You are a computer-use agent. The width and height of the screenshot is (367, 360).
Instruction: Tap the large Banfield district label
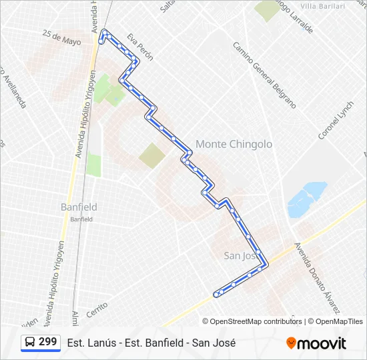point(79,207)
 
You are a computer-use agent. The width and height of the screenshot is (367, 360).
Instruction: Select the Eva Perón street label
point(140,47)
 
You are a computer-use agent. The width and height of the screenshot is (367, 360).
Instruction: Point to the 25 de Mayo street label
point(61,37)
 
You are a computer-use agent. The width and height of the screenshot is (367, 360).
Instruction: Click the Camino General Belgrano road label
point(264,74)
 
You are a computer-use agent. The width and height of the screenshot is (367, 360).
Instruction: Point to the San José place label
point(240,255)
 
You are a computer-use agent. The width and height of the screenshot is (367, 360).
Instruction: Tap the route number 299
point(47,342)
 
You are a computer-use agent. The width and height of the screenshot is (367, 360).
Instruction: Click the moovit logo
point(316,343)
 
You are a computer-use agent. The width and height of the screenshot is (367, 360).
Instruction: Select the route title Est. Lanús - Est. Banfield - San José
point(151,343)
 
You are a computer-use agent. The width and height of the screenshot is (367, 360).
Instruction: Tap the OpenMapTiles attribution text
point(339,321)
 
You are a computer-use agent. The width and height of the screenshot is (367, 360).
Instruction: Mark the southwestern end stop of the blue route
point(217,294)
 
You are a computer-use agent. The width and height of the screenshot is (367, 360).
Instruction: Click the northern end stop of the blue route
point(105,31)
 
